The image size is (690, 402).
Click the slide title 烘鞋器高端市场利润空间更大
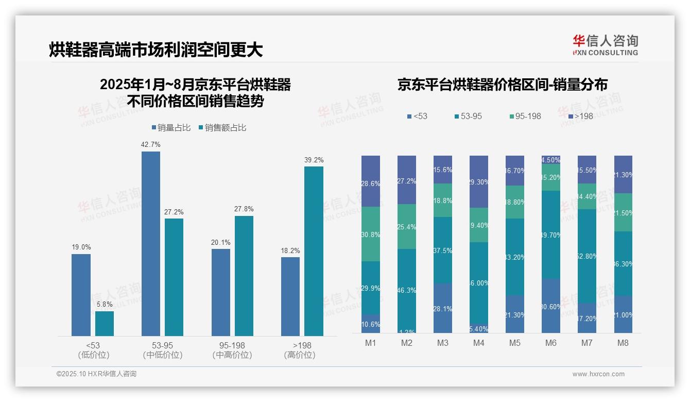[156, 49]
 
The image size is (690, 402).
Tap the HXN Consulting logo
[605, 45]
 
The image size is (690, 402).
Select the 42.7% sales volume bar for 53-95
[151, 243]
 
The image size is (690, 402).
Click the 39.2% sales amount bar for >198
[314, 251]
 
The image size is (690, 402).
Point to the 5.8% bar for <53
[105, 324]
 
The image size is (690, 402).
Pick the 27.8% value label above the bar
[244, 209]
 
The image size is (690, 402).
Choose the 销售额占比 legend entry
[222, 128]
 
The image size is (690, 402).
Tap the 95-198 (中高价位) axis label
[232, 350]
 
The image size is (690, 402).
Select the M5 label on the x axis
[515, 343]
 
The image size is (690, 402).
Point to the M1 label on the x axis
[371, 343]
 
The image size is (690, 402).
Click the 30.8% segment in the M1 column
[371, 234]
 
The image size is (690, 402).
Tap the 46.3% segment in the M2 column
[407, 290]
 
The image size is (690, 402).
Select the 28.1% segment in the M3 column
[443, 308]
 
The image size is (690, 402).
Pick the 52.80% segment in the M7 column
[587, 256]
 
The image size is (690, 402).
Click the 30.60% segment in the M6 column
[551, 306]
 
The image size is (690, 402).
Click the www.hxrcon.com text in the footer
[598, 374]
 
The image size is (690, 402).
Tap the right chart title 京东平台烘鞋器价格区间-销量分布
[502, 85]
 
